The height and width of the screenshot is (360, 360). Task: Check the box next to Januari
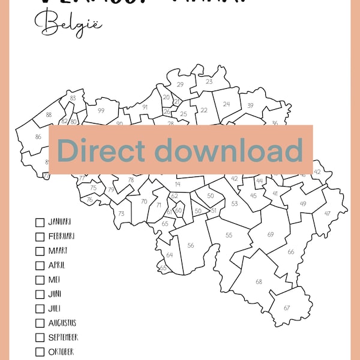(x=40, y=222)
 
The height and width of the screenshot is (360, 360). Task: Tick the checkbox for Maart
(x=40, y=251)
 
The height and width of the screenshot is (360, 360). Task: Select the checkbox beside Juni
(x=40, y=294)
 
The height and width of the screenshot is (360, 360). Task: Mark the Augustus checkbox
(x=40, y=323)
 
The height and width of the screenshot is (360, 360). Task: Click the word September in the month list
(x=63, y=337)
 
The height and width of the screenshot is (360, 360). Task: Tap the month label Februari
(x=61, y=236)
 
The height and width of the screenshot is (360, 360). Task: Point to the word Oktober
(x=61, y=352)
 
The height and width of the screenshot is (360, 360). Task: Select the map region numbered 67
(x=287, y=308)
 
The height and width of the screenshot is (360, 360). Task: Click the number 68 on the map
(x=259, y=281)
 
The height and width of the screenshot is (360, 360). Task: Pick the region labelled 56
(x=190, y=245)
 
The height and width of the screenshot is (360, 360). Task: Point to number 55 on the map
(x=229, y=235)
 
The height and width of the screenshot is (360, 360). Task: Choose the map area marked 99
(x=101, y=110)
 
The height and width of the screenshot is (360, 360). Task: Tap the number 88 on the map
(x=49, y=115)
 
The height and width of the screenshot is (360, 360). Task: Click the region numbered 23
(x=209, y=82)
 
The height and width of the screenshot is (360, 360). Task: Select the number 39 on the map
(x=250, y=106)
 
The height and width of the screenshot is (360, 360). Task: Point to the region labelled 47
(x=327, y=214)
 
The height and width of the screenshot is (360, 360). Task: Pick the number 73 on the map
(x=121, y=214)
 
